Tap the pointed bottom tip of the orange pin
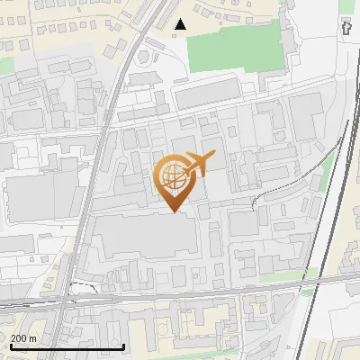[174, 212]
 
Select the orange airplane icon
[198, 164]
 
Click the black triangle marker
[182, 24]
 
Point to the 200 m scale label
[23, 338]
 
